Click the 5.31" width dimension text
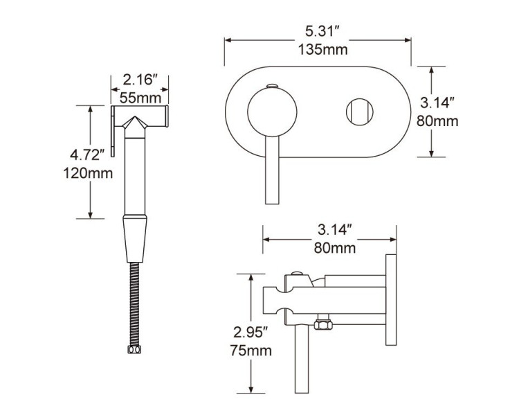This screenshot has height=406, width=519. [x=322, y=31]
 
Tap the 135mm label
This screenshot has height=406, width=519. [x=322, y=49]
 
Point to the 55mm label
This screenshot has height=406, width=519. [x=140, y=96]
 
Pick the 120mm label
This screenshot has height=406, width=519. [x=87, y=173]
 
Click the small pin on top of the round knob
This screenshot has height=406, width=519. [x=271, y=86]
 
